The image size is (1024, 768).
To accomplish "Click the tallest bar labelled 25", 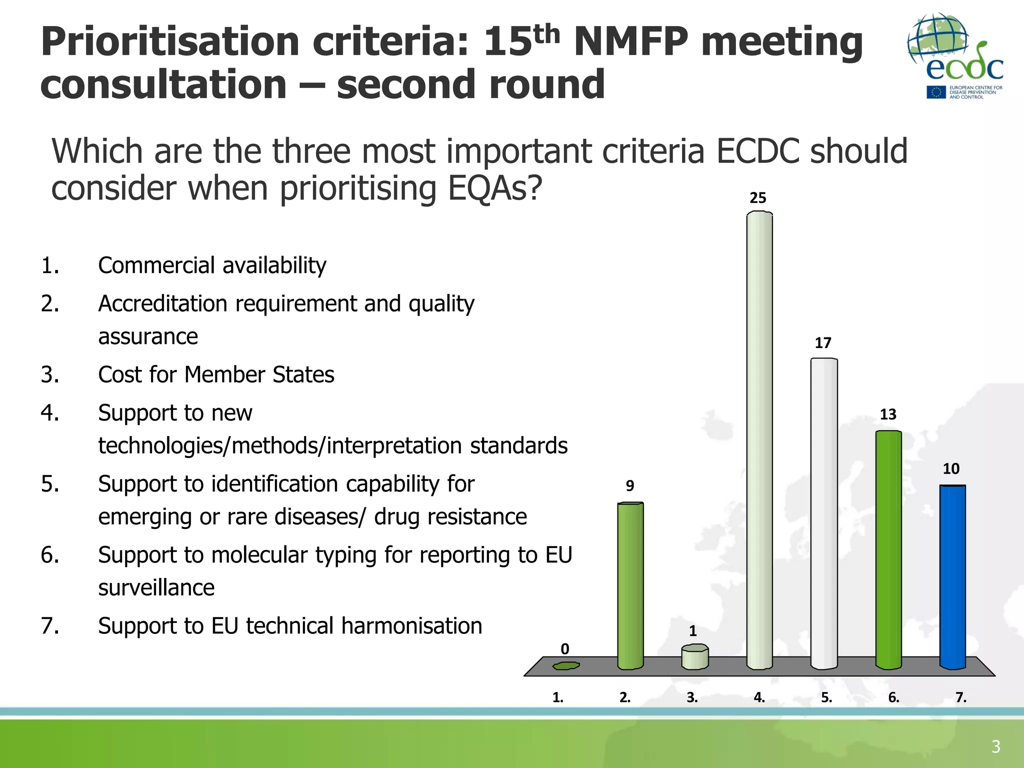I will click(759, 440).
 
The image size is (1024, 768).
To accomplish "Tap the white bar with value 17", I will click(823, 512).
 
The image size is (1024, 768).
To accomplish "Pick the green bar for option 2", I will click(630, 585).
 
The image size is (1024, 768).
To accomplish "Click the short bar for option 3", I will click(694, 657).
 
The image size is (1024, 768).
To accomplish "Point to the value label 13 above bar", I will click(888, 414).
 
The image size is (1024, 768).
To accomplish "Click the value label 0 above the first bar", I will click(565, 649).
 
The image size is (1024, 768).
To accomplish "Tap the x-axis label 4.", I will click(759, 697).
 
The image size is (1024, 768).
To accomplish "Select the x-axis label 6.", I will click(893, 697).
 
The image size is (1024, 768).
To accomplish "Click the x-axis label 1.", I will click(557, 697).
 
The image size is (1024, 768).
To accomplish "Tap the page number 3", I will click(995, 746).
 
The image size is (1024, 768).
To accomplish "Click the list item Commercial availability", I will click(212, 265).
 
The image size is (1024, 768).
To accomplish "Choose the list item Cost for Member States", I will click(216, 374).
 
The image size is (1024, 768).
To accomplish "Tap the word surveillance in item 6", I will click(156, 587).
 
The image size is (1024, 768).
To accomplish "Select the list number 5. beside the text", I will click(50, 484).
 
